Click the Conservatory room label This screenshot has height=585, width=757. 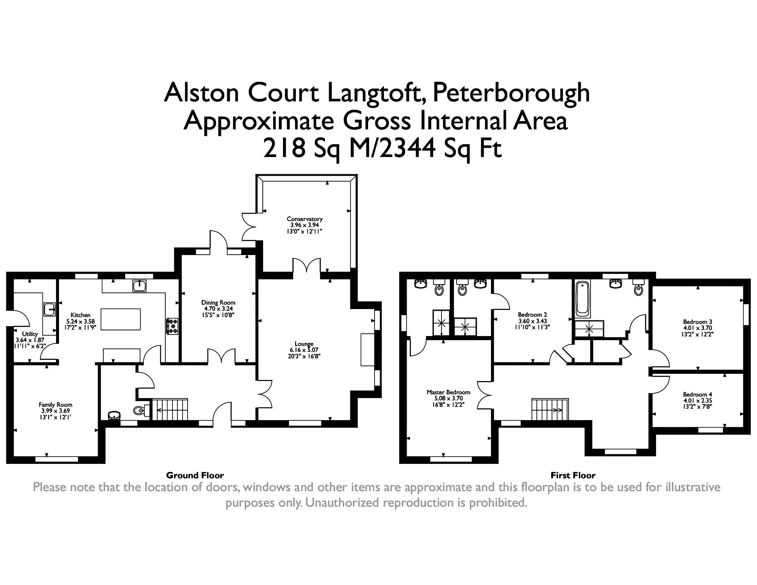[x=304, y=219]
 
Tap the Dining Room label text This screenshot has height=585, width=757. [x=218, y=302]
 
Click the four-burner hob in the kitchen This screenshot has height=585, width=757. [x=173, y=326]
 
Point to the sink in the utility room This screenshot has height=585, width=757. [x=50, y=309]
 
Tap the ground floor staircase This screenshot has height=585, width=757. [x=170, y=409]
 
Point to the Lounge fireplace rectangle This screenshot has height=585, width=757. [x=367, y=349]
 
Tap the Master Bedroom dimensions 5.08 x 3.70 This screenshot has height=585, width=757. [x=448, y=398]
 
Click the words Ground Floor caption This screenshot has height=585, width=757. [x=195, y=475]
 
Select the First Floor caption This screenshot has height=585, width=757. [x=573, y=475]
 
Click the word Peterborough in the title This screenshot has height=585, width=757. [x=511, y=93]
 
